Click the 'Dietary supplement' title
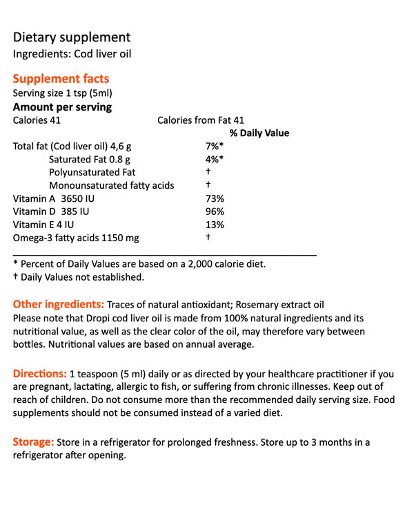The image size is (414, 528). (72, 37)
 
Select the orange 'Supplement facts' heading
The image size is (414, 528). (61, 79)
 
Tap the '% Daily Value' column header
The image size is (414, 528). (259, 133)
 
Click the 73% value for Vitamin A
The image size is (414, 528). (215, 199)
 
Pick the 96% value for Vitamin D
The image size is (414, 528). (215, 211)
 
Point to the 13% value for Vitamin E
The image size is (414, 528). (215, 225)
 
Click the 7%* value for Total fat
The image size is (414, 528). (215, 147)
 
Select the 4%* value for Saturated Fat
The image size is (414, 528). (215, 160)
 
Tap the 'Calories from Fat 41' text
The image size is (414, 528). (201, 120)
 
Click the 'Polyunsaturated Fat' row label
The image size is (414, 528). (92, 173)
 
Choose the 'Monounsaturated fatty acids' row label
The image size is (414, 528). (111, 186)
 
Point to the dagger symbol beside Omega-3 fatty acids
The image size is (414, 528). (208, 238)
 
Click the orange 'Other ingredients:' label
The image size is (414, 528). (59, 305)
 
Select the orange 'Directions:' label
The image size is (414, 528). (40, 373)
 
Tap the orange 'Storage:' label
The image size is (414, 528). (34, 442)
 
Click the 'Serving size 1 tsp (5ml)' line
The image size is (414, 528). (62, 93)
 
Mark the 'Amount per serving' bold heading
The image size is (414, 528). (62, 107)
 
